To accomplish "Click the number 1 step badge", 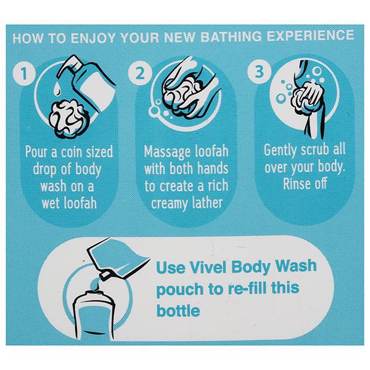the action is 24,73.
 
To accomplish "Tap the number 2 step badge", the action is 140,73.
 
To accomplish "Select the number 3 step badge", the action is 259,72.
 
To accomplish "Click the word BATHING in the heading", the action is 231,36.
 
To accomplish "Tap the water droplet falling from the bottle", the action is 56,89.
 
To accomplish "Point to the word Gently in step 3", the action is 281,150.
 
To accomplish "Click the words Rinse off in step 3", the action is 305,184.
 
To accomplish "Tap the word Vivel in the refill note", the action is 208,267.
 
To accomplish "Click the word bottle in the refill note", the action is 178,310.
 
